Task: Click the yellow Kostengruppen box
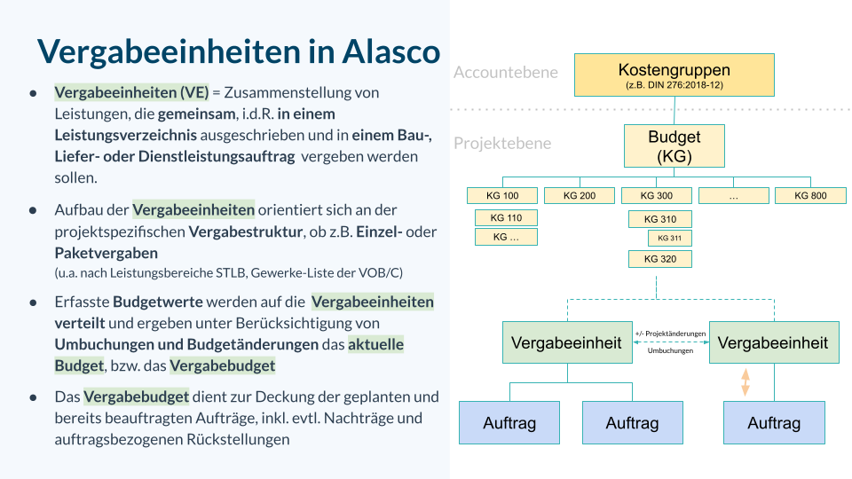point(674,75)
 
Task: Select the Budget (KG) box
point(674,146)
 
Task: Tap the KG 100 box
point(502,195)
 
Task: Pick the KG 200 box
point(579,195)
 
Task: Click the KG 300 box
point(657,195)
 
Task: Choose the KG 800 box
point(810,195)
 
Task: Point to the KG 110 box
point(506,217)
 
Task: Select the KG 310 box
point(659,219)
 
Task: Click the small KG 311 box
point(669,238)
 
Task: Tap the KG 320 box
point(659,259)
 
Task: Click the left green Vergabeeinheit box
point(567,342)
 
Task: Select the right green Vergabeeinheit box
point(773,342)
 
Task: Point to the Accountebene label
point(505,73)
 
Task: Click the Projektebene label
point(501,143)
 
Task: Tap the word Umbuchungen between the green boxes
point(670,350)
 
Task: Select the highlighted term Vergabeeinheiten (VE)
point(130,92)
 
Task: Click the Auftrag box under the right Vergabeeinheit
point(774,423)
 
